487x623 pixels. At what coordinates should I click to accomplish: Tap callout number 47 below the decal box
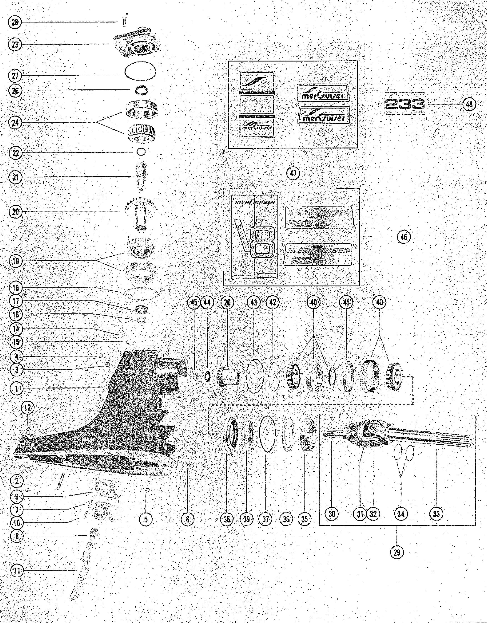(293, 173)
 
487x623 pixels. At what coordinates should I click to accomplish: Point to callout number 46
(404, 237)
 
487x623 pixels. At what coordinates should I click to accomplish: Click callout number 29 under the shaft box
(397, 553)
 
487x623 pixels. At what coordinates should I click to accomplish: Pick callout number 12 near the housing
(28, 408)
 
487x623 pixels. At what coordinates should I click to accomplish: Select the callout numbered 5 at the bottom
(146, 519)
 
